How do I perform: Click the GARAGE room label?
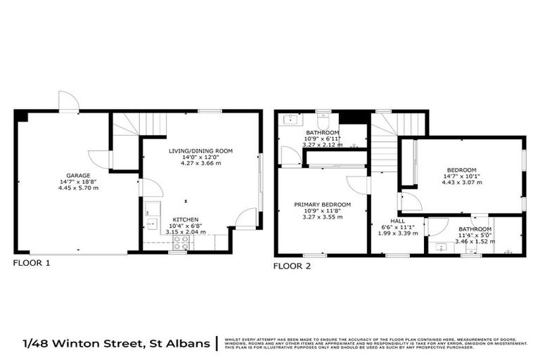(x=78, y=175)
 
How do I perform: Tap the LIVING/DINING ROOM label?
(x=200, y=150)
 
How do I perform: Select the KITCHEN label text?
(x=185, y=219)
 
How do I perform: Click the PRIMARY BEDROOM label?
(x=321, y=205)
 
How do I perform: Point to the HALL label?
(x=397, y=219)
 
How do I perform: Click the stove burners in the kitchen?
(x=181, y=243)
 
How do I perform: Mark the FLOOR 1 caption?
(x=32, y=264)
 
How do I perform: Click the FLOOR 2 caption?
(x=292, y=266)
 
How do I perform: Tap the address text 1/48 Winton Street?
(x=116, y=343)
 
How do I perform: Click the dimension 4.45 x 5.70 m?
(x=78, y=188)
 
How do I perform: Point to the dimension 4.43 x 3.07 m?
(x=461, y=182)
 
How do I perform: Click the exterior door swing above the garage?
(x=68, y=101)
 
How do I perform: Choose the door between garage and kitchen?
(x=150, y=188)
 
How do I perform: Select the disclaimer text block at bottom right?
(x=376, y=343)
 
